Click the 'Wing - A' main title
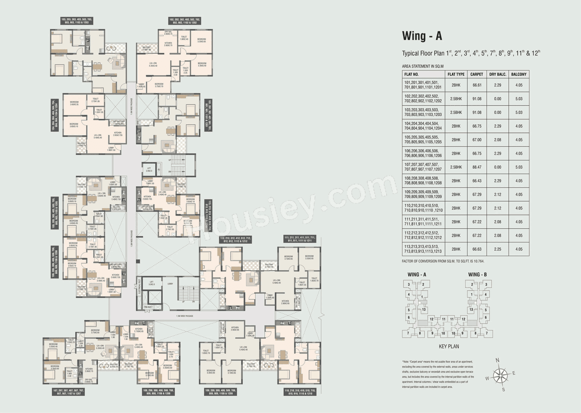pos(422,36)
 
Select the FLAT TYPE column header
pos(456,74)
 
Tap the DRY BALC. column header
pos(497,74)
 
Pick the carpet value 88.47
pos(476,167)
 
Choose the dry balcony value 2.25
pos(497,249)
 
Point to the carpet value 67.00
pos(476,140)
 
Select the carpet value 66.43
pos(476,181)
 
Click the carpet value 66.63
pos(476,249)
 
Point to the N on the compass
pos(497,361)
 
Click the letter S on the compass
pos(503,389)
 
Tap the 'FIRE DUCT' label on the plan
pos(148,307)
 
